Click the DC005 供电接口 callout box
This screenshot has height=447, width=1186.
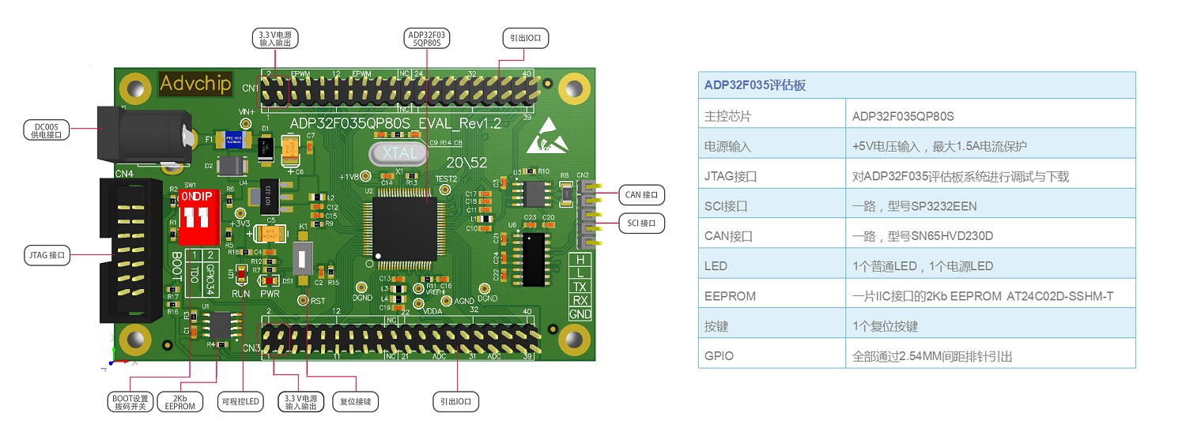[47, 130]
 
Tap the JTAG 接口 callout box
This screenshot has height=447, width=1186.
[46, 255]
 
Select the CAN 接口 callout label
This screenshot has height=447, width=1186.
[640, 193]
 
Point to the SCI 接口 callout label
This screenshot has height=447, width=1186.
[641, 223]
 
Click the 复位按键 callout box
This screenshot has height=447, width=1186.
[355, 401]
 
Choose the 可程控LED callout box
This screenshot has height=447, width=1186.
[241, 401]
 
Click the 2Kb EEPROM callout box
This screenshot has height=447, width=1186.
[180, 401]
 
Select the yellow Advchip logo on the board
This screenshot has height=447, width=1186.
[195, 83]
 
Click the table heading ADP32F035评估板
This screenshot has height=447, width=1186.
[755, 85]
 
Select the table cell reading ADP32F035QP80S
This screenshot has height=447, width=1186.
[903, 116]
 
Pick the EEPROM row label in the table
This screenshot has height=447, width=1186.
[730, 296]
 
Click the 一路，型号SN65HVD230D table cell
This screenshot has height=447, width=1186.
[922, 236]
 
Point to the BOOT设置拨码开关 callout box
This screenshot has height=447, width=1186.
[129, 401]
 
